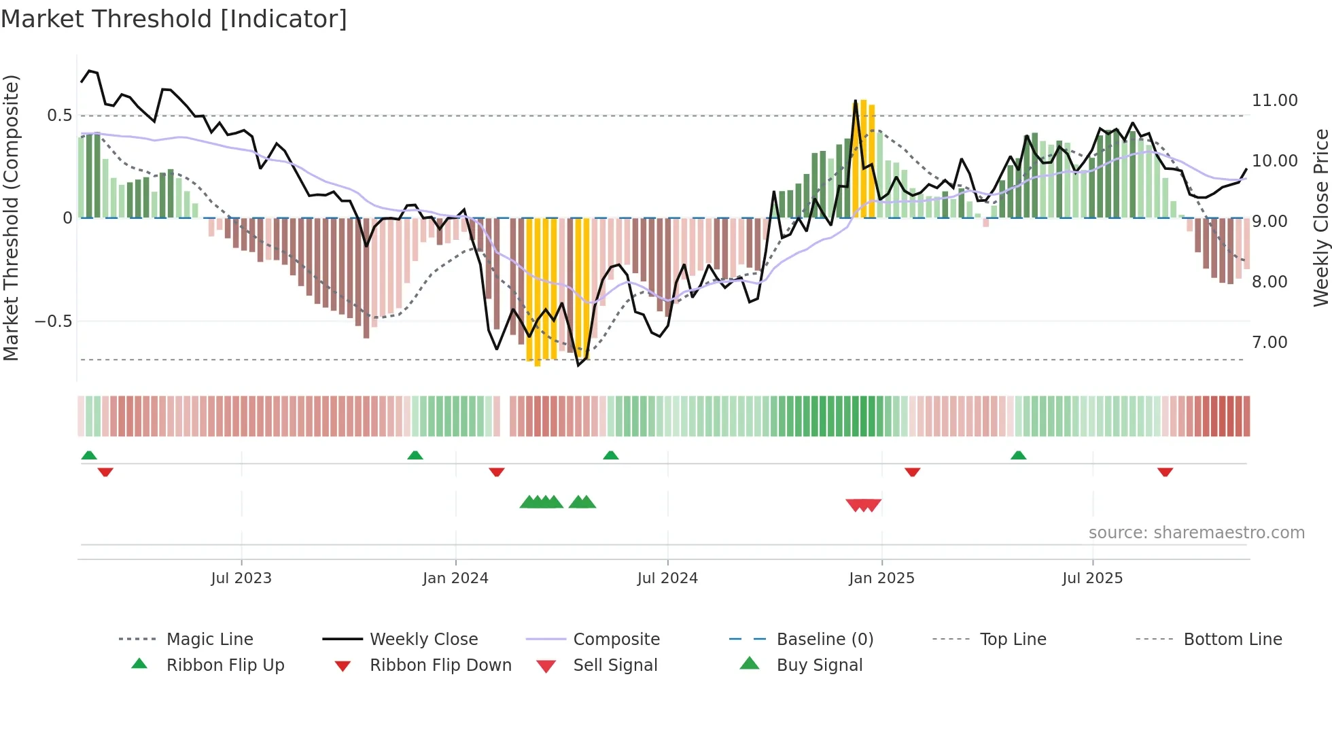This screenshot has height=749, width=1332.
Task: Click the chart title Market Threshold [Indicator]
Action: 174,19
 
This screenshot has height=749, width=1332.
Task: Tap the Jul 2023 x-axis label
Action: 241,578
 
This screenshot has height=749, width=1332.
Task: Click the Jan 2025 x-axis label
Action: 881,578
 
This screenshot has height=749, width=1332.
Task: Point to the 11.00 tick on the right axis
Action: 1274,101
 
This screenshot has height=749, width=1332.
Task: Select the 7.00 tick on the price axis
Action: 1269,343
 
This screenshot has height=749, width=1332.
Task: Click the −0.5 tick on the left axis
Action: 54,321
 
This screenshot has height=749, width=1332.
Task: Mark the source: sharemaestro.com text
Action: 1196,532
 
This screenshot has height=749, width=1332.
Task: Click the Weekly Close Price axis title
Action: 1320,217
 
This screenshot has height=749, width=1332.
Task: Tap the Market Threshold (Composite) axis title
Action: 11,217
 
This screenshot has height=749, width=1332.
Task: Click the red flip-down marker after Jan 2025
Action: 912,472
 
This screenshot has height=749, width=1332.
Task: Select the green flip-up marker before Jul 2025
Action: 1018,455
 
